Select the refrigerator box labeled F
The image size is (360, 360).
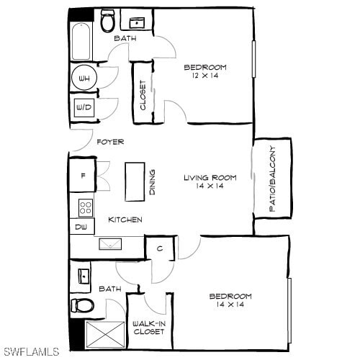click(x=82, y=174)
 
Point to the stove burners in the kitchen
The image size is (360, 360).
click(x=86, y=208)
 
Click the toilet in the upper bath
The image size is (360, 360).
click(x=107, y=22)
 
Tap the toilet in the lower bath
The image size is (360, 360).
click(x=83, y=305)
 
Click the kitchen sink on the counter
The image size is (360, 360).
click(x=110, y=244)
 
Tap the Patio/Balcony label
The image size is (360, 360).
click(x=272, y=179)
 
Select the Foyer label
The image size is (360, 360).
click(x=110, y=142)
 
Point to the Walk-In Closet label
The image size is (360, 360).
click(x=149, y=328)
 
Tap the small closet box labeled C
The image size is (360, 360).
click(x=159, y=248)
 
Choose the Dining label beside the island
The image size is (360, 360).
click(x=153, y=182)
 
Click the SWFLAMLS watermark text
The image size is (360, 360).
click(x=30, y=351)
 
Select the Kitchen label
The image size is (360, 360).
click(x=125, y=220)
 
